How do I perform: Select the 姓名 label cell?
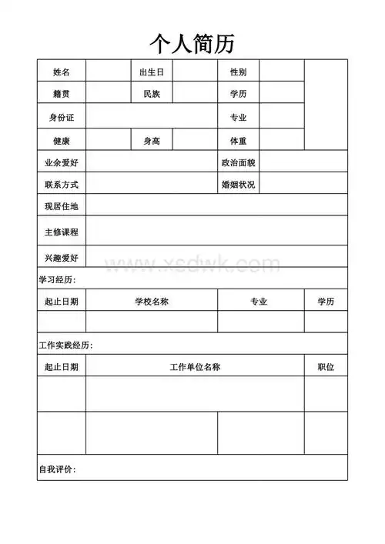click(x=62, y=72)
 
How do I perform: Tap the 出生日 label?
click(x=152, y=72)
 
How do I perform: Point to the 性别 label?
click(x=238, y=72)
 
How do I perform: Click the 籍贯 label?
click(x=62, y=94)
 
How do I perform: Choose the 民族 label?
click(x=152, y=94)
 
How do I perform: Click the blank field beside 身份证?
click(x=151, y=117)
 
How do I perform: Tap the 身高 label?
click(x=152, y=141)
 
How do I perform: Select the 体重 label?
click(x=238, y=141)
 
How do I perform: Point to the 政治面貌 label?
click(x=238, y=162)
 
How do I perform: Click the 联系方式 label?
click(x=62, y=185)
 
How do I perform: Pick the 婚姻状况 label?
click(x=238, y=185)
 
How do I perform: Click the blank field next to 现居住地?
click(x=216, y=206)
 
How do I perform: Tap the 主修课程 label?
click(x=62, y=231)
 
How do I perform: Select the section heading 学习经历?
click(x=58, y=279)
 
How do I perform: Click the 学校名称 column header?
click(x=152, y=302)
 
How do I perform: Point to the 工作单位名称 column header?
click(x=195, y=367)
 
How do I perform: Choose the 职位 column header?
click(x=326, y=367)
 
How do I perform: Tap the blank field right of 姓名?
click(x=107, y=72)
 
